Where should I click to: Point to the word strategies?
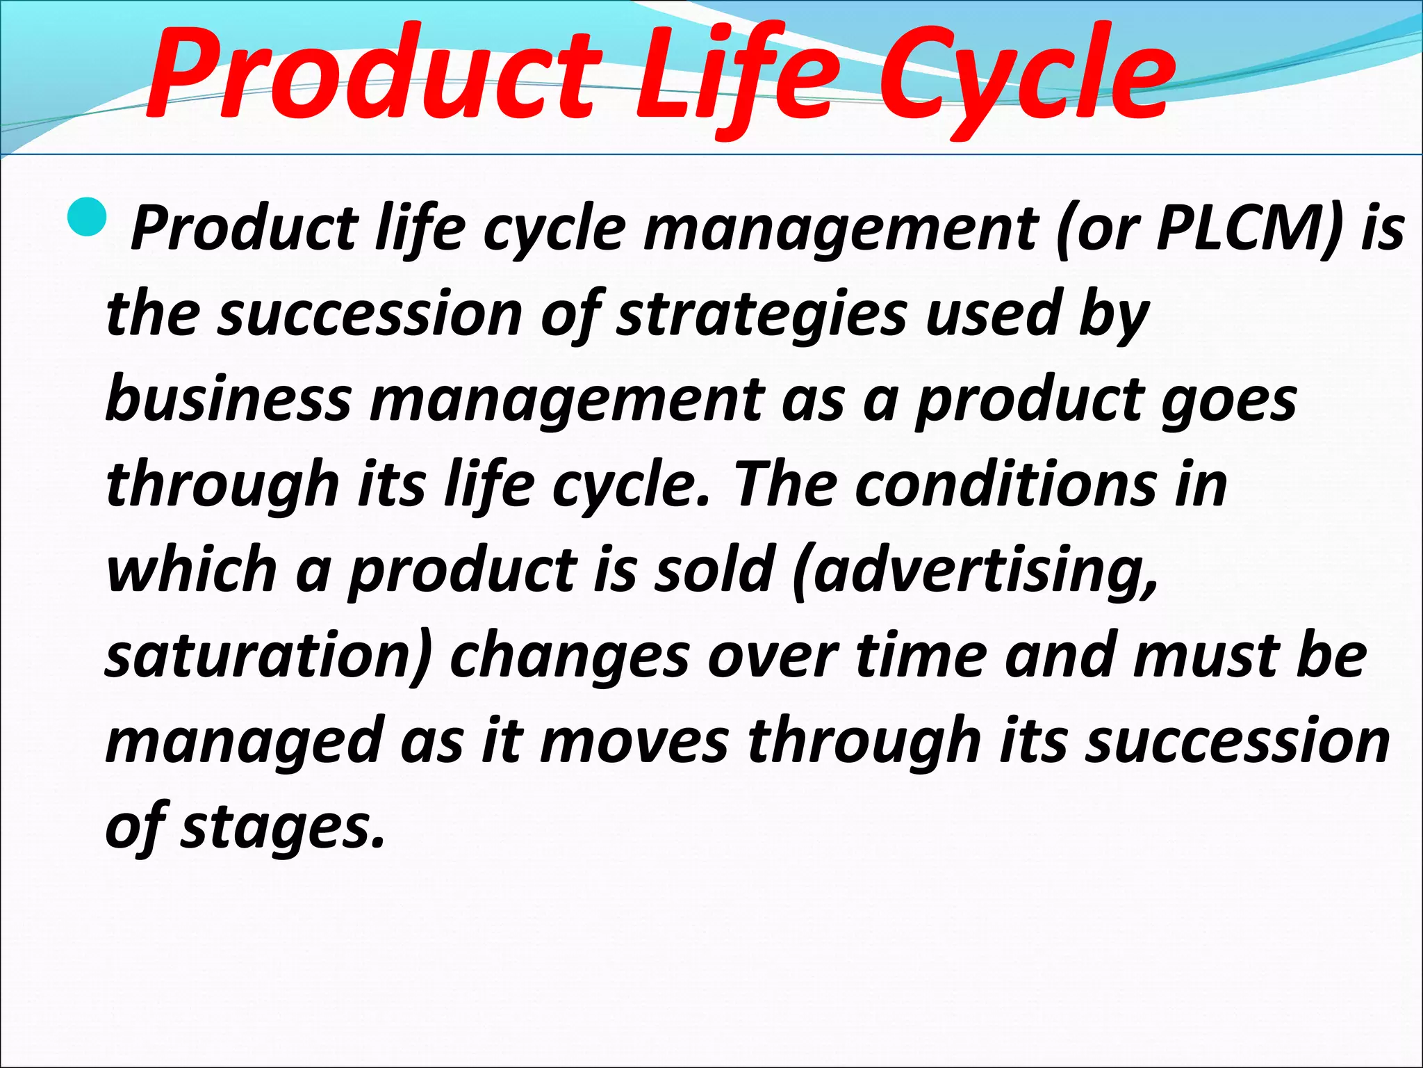coord(762,314)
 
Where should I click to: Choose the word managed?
coord(244,743)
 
